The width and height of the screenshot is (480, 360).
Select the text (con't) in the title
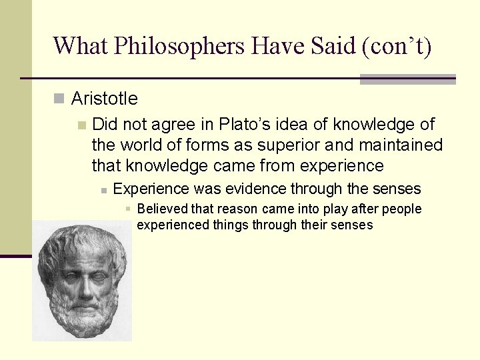point(398,46)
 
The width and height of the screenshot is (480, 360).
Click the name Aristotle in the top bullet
point(104,99)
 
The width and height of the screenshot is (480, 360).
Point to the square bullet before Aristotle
point(59,99)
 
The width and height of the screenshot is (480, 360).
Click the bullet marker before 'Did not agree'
point(81,125)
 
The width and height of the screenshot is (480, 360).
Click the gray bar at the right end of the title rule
point(407,79)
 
